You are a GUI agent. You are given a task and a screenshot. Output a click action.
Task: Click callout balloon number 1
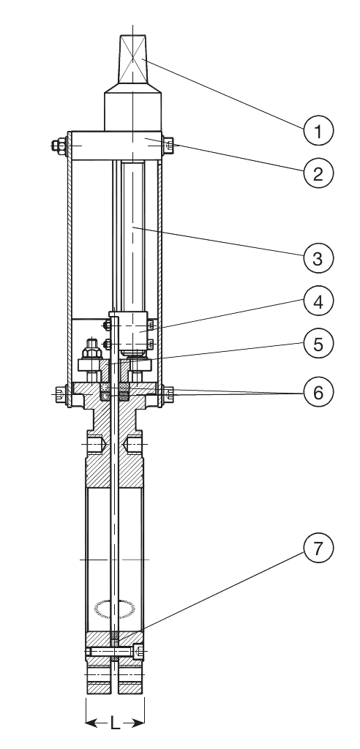coord(318,130)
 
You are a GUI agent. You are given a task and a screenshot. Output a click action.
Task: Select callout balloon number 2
coord(318,173)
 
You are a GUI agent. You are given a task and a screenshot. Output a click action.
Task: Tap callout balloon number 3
coord(318,258)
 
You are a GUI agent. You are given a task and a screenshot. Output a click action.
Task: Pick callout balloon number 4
coord(318,301)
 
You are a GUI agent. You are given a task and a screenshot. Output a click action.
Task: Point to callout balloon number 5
coord(318,344)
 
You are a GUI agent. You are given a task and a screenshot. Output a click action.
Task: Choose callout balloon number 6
coord(318,392)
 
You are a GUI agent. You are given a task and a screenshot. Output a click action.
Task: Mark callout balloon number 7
coord(318,549)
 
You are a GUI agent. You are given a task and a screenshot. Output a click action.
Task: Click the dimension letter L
coord(115,723)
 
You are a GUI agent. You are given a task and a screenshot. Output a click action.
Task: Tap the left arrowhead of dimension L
coord(91,723)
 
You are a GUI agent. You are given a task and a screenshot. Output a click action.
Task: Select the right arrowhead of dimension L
coord(138,723)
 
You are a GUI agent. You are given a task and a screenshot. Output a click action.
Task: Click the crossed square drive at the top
coord(133,60)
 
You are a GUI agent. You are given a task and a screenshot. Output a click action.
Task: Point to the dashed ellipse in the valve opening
coord(115,609)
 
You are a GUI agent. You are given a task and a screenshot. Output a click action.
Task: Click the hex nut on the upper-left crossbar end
coord(60,146)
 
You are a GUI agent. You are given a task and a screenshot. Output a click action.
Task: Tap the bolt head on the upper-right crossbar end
coord(169,146)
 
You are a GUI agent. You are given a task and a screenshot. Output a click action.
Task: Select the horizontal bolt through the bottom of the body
coord(115,650)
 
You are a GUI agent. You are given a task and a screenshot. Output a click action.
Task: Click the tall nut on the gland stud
coord(90,350)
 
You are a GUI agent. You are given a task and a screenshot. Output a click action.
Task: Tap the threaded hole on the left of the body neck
coord(96,445)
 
